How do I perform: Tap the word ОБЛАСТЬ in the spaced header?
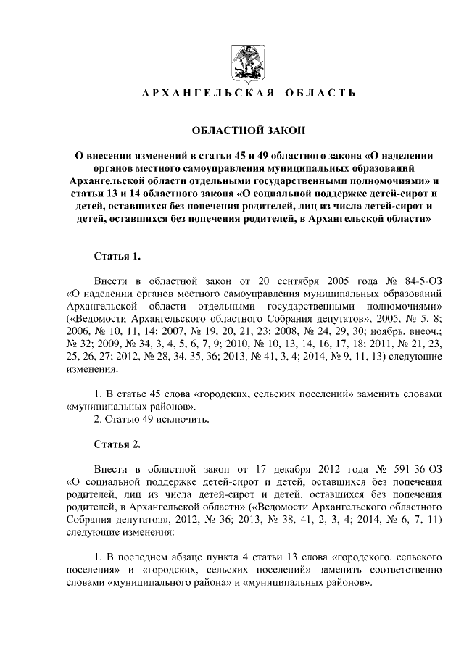point(320,94)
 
